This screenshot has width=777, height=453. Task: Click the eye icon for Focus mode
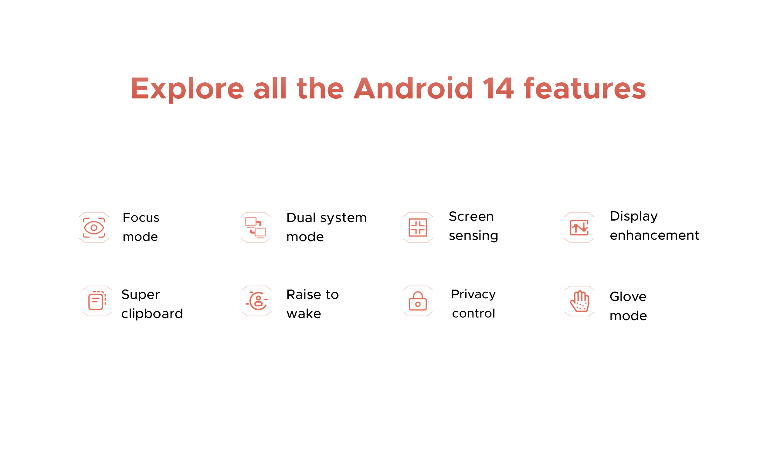coord(94,228)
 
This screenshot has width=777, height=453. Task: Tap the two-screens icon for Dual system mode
coord(256,228)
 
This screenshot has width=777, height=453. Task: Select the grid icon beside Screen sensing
coord(418,228)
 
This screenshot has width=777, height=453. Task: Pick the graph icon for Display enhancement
coord(579,228)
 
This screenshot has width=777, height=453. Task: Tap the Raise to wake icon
coord(257,301)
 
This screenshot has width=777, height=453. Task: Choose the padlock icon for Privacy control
coord(418,301)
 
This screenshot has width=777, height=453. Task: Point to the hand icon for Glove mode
coord(579,301)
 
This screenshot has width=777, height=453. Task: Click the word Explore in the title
coord(188,89)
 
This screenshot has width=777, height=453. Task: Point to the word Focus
coord(141,218)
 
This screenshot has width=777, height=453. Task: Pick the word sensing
coord(473,236)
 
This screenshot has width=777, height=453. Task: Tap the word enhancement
coord(654,235)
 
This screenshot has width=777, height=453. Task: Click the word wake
coord(304,314)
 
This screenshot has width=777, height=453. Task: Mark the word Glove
coord(628,297)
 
